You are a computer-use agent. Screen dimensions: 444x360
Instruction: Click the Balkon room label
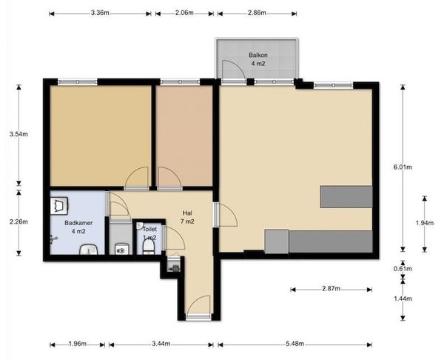click(258, 55)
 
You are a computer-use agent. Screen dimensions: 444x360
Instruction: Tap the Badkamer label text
click(78, 223)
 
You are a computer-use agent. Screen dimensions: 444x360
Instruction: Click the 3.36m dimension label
click(100, 13)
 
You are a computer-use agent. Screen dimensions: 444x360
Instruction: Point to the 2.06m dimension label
click(184, 13)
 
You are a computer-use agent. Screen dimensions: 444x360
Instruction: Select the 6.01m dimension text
click(403, 167)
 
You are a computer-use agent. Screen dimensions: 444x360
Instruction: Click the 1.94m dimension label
click(425, 223)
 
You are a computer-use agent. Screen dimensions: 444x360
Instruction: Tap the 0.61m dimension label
click(403, 268)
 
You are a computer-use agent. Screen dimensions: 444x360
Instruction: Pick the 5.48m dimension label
click(295, 344)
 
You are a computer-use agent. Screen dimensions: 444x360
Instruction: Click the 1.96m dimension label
click(77, 344)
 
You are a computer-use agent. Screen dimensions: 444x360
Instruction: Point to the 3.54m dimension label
click(18, 134)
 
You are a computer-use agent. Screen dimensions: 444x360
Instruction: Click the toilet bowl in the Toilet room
click(149, 247)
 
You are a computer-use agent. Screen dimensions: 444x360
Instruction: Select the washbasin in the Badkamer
click(89, 250)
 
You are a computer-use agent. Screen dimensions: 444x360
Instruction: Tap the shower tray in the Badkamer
click(59, 205)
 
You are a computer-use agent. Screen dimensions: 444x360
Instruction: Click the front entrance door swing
click(198, 304)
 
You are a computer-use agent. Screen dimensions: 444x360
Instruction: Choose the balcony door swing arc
click(234, 70)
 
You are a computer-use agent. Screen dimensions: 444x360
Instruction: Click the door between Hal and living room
click(226, 215)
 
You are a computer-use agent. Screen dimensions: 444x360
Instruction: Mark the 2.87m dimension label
click(331, 289)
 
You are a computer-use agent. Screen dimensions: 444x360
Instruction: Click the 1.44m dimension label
click(403, 299)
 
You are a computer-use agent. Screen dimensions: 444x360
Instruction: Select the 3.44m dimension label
click(161, 344)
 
